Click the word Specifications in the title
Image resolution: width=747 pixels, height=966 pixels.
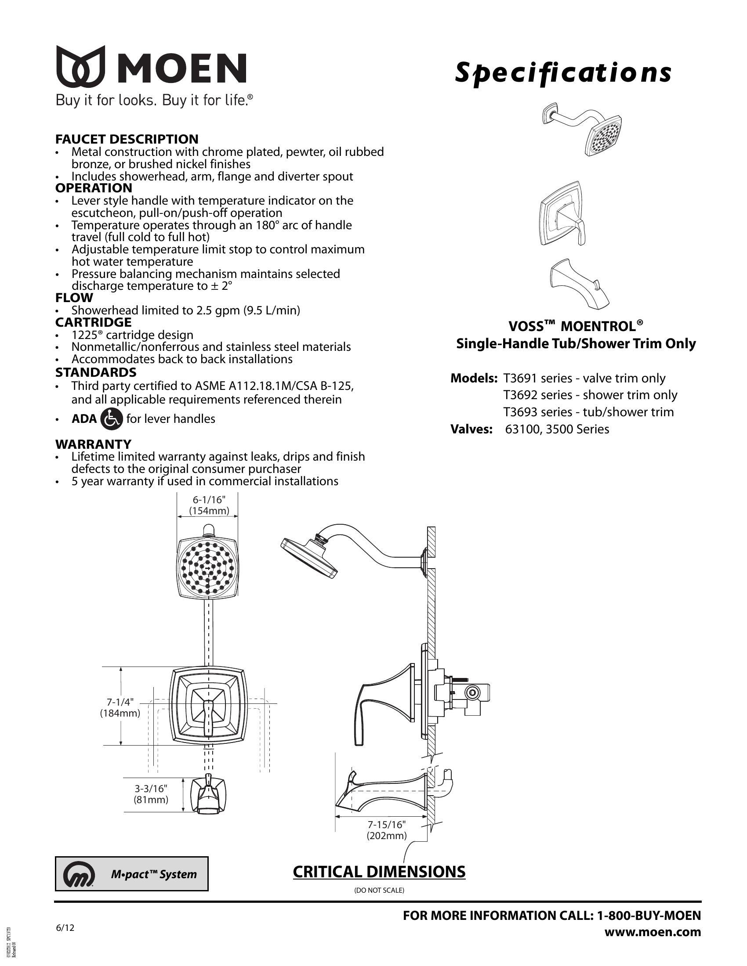tap(563, 73)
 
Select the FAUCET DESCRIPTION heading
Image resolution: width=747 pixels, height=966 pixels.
tap(127, 139)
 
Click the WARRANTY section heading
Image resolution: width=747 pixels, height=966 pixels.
tap(93, 443)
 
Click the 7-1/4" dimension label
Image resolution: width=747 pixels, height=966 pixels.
tap(120, 702)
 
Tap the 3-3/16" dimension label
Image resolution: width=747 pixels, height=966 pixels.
tap(151, 788)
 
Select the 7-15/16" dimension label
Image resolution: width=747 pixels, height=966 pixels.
tap(386, 825)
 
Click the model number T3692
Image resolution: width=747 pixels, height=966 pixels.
tap(520, 395)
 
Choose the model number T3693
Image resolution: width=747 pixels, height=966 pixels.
tap(520, 412)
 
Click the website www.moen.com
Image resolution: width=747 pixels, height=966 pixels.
tap(652, 932)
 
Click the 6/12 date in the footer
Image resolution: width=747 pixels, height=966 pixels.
tap(65, 928)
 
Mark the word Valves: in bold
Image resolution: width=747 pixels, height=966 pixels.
tap(471, 429)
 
